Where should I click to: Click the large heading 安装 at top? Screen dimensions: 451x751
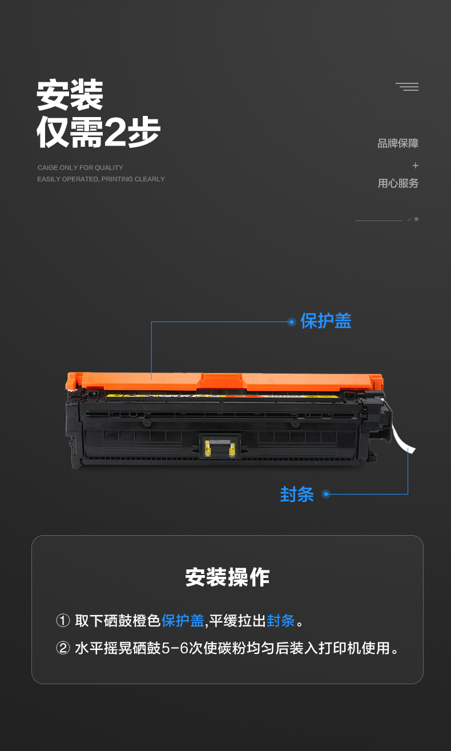(70, 95)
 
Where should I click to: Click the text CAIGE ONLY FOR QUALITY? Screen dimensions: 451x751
(80, 168)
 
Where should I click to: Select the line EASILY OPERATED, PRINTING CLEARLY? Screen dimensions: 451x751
(101, 179)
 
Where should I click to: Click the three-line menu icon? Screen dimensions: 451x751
(407, 87)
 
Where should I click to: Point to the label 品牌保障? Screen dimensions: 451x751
(398, 143)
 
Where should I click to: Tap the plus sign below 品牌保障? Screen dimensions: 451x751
(416, 165)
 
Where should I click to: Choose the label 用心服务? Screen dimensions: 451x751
(398, 183)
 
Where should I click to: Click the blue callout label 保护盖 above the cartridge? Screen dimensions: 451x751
(325, 321)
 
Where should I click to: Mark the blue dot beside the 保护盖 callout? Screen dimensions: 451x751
(292, 322)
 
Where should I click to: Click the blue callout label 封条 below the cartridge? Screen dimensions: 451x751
(297, 494)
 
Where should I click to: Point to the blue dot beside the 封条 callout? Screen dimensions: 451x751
(325, 494)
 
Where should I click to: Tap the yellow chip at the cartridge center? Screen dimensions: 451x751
(220, 448)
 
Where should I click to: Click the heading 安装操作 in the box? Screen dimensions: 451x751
(228, 577)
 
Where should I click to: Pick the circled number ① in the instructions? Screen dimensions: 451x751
(63, 621)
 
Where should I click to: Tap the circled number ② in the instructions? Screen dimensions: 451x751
(63, 648)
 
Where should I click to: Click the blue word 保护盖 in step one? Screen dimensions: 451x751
(183, 621)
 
